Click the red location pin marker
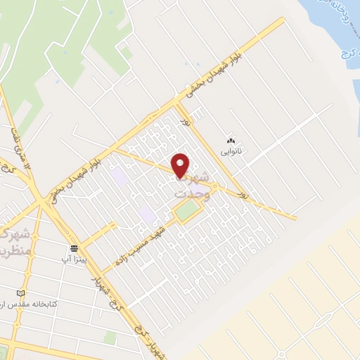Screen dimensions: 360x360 click(x=181, y=165)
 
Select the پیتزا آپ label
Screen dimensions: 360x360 click(x=74, y=259)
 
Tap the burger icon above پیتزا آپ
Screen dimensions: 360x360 click(x=74, y=248)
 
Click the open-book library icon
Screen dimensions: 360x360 click(x=20, y=292)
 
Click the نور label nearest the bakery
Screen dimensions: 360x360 click(x=187, y=124)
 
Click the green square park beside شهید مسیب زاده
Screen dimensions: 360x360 click(x=187, y=210)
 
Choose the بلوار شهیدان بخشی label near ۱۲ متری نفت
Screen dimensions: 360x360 click(x=79, y=169)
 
